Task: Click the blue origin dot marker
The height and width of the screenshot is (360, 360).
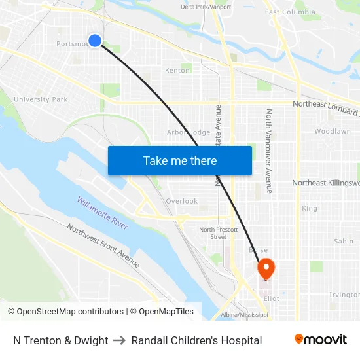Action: coord(95,41)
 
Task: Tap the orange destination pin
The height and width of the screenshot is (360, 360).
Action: coord(266,268)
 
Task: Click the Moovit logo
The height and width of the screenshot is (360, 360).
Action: coord(321,340)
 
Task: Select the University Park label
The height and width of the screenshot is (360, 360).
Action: coord(41,99)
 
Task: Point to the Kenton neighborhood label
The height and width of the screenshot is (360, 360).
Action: coord(177,70)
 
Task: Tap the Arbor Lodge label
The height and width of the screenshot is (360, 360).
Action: coord(189,132)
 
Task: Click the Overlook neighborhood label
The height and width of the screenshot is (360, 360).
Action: coord(181,201)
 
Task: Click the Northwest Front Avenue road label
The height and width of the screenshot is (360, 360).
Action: coord(103,245)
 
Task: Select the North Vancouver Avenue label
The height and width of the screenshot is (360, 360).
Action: coord(268,151)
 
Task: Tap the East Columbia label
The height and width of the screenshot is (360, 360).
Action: coord(290,12)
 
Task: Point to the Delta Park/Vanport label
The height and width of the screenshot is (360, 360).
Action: coord(206,7)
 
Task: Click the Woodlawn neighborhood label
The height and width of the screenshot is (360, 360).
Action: coord(332,131)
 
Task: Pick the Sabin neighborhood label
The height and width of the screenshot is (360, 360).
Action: coord(344,242)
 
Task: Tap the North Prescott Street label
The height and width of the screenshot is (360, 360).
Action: coord(213,233)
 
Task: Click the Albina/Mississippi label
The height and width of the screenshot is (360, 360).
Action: coord(244,315)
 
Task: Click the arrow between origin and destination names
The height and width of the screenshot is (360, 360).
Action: coord(120,340)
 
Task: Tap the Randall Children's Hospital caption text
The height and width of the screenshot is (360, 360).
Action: coord(196,340)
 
